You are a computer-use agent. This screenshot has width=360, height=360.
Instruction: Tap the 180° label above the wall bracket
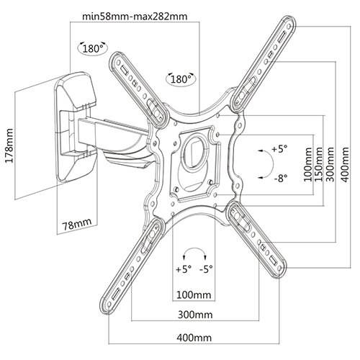91,49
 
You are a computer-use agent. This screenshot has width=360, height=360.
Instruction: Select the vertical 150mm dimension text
319,165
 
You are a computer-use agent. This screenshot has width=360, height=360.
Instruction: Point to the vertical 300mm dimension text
330,165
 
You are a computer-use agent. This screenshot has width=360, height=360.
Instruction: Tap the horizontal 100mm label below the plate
193,295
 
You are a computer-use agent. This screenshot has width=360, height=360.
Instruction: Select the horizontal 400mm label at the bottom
194,337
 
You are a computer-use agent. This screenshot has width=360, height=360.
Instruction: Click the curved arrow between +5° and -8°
265,163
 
